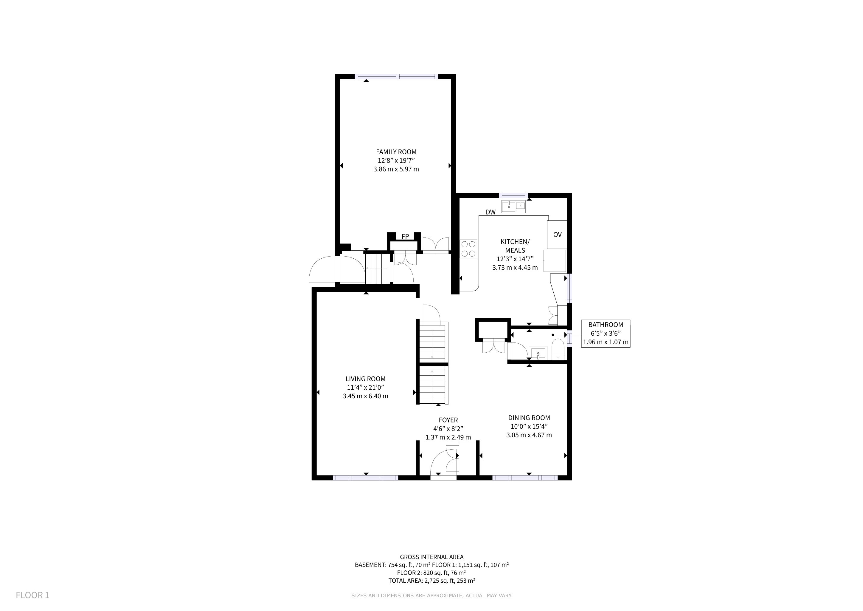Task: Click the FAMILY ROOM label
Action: (396, 152)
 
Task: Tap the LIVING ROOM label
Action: (365, 379)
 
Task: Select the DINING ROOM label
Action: (529, 418)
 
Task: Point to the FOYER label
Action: (448, 420)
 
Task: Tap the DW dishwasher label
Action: (491, 212)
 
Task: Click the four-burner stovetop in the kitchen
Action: (469, 249)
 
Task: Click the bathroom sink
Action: (538, 353)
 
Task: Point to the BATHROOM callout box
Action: (606, 333)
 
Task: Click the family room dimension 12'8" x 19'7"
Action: (396, 161)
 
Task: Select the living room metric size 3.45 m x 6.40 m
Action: (365, 396)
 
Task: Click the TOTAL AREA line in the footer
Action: (431, 581)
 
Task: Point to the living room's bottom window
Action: (365, 478)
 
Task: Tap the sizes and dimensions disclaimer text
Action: (432, 595)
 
